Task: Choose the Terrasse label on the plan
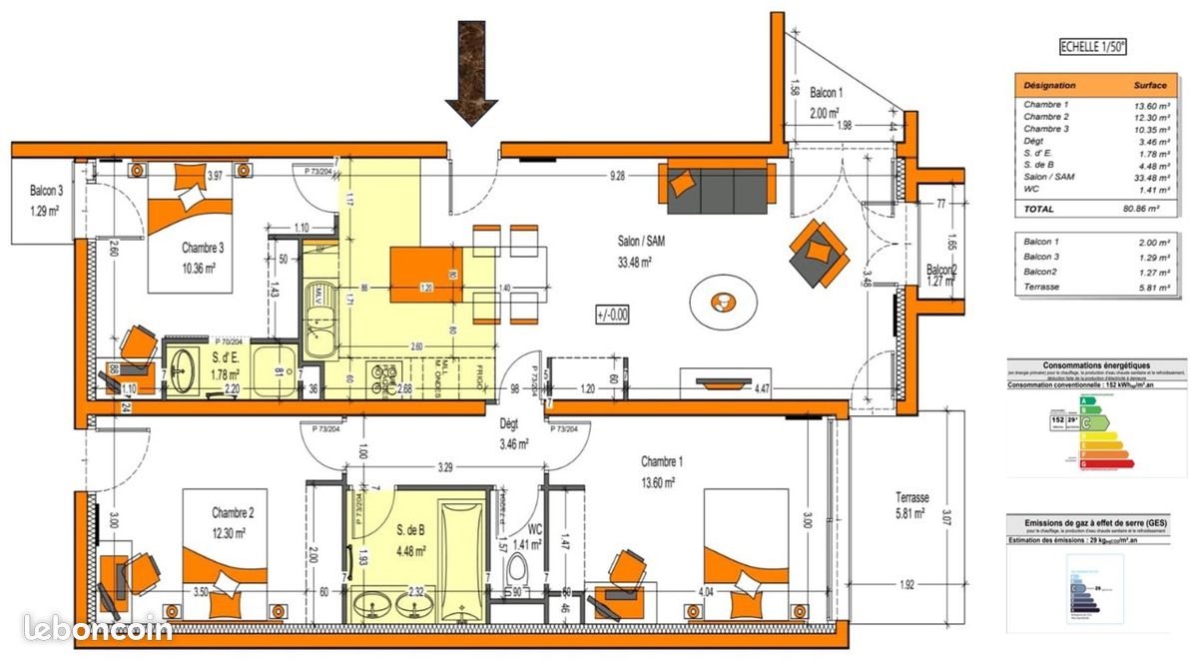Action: [x=912, y=497]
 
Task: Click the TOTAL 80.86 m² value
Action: [x=1138, y=209]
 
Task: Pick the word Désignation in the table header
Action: [x=1049, y=86]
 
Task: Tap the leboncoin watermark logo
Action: [x=97, y=627]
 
